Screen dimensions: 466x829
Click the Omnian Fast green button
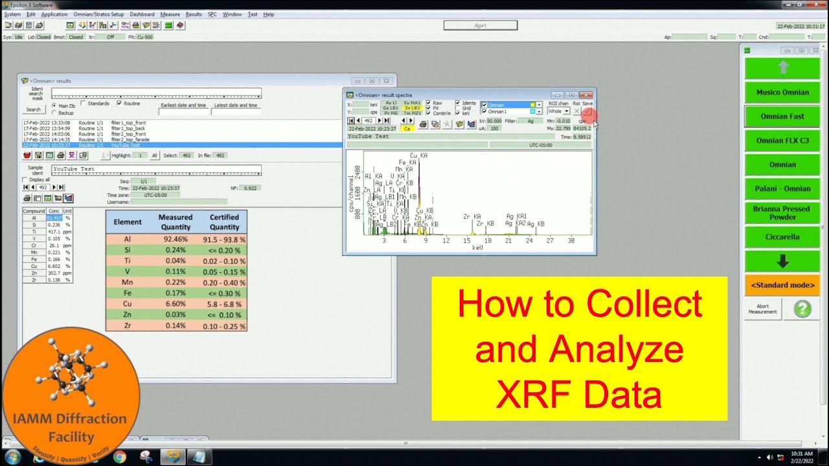coord(782,116)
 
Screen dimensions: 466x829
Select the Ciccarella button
coord(782,237)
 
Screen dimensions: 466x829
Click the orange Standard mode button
coord(782,285)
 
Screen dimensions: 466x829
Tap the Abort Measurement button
coord(762,309)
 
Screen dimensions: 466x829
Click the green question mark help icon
coord(802,309)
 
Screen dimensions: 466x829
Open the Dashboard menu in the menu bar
coord(142,14)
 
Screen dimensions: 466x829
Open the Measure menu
coord(170,14)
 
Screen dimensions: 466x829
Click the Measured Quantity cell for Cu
coord(176,304)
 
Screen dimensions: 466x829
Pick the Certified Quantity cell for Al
coord(224,239)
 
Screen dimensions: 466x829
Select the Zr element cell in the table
coord(128,326)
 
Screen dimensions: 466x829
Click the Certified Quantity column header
coord(224,222)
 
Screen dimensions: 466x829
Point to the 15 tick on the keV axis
coord(466,241)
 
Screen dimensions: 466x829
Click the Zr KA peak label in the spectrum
coord(471,217)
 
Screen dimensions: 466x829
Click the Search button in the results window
coord(33,109)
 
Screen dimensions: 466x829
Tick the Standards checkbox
coord(83,104)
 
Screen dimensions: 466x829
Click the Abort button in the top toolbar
coord(480,25)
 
